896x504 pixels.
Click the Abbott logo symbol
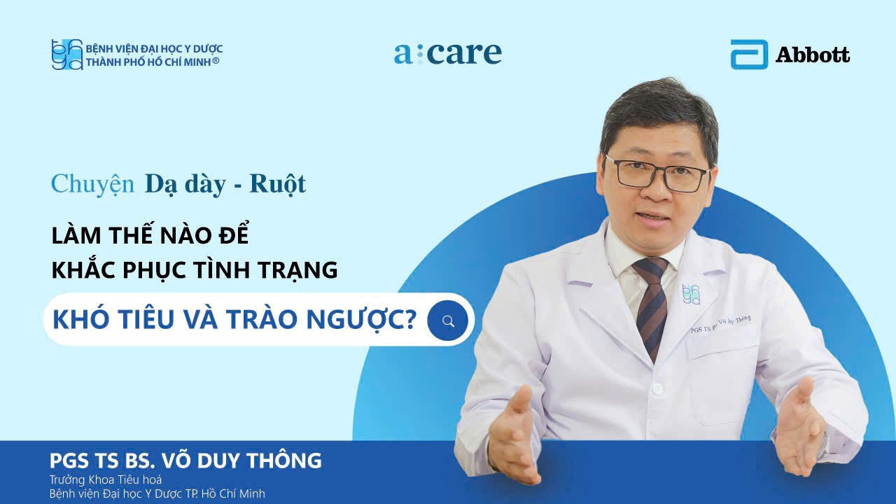coord(749,55)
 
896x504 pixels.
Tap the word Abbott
coord(813,55)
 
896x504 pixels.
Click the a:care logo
coord(448,53)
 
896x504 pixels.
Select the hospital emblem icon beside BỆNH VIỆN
coord(67,55)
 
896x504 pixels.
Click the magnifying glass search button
coord(448,321)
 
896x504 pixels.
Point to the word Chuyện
coord(92,183)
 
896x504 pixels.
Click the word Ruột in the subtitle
coord(278,183)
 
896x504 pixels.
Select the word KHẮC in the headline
coord(83,269)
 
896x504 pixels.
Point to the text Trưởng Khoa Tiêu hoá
coord(105,479)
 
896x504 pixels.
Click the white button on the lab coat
coord(657,387)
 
